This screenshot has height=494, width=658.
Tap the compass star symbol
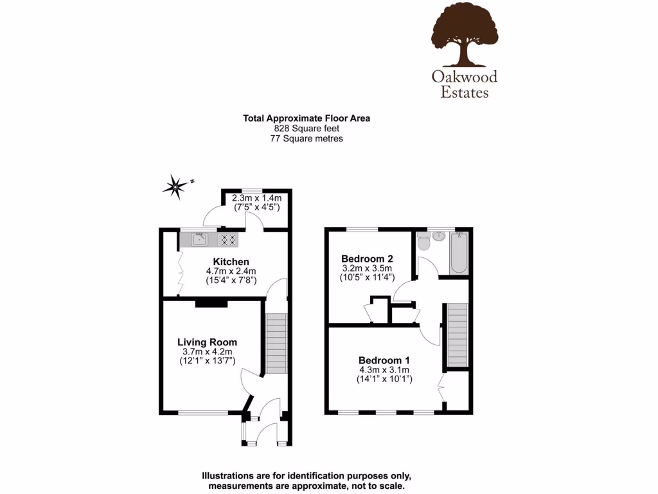pos(175,187)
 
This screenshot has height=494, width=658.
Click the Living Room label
pos(207,342)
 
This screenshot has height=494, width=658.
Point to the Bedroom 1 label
pos(384,360)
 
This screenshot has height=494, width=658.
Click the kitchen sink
pos(200,240)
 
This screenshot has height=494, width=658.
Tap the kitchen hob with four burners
pos(228,240)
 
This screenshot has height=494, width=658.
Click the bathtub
pos(459,252)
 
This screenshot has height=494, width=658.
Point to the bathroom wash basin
pos(440,235)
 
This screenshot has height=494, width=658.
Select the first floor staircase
pos(457,335)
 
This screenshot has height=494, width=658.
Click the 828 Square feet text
pos(306,128)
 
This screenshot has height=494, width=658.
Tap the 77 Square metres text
pos(306,138)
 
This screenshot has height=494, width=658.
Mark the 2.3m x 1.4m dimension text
pos(256,199)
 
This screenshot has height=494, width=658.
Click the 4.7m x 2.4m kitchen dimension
pos(231,271)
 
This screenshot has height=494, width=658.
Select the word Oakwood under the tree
pos(465,77)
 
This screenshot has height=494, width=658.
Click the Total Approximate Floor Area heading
pos(306,118)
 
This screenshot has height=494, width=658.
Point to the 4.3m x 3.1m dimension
pos(384,370)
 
